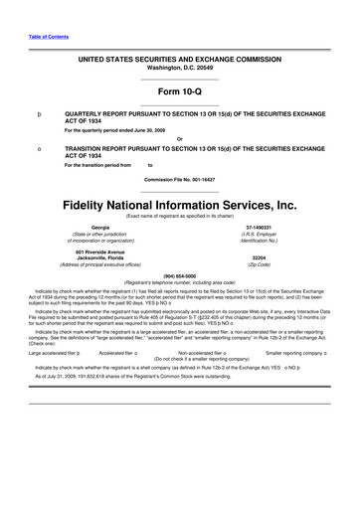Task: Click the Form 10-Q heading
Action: [179, 91]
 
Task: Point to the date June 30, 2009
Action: [155, 129]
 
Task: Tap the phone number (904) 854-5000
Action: [179, 274]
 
